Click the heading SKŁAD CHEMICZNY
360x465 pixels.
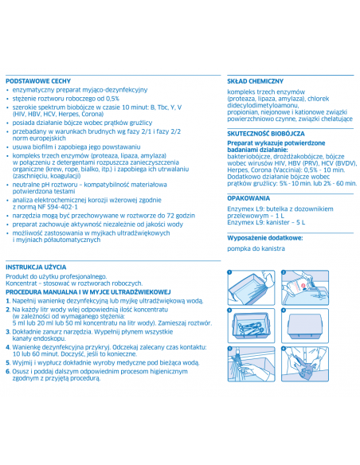click(x=256, y=81)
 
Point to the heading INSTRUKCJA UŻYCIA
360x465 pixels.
click(x=35, y=266)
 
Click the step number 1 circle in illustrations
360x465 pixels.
click(x=229, y=272)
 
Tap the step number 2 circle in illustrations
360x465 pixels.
click(x=283, y=272)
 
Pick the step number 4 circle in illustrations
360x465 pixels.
click(x=283, y=311)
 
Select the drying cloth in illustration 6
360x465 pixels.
click(x=307, y=368)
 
